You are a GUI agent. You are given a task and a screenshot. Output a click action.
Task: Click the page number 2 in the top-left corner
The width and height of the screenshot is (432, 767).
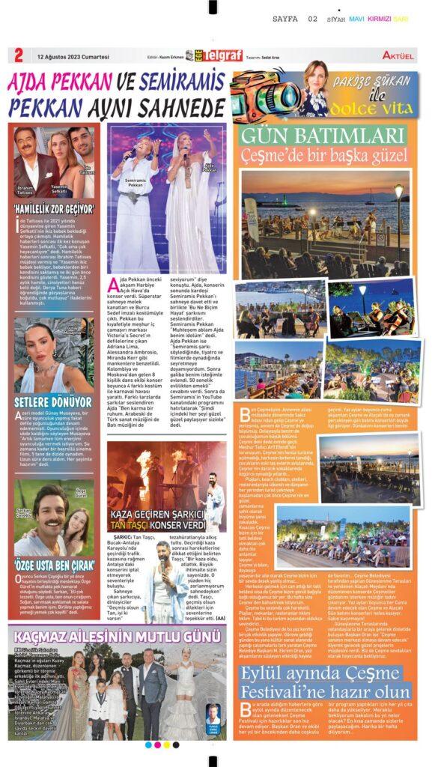(x=17, y=56)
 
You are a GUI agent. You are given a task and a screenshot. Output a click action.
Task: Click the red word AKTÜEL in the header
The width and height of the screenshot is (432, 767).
(x=398, y=56)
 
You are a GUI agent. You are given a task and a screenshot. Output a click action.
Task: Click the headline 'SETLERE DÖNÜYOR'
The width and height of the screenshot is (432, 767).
(x=49, y=401)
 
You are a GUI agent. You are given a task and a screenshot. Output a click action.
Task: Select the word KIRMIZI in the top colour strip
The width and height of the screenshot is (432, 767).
(x=386, y=19)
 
